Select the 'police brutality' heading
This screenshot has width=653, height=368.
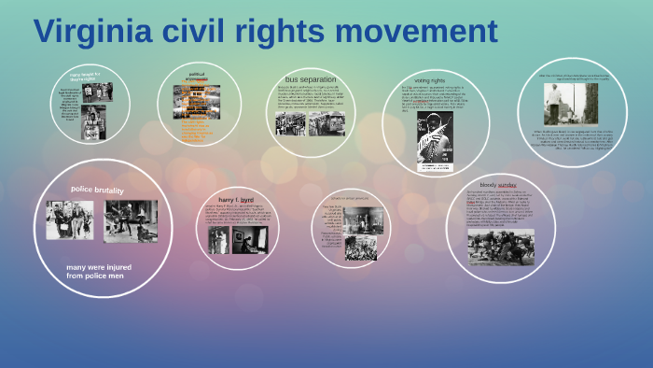pos(97,190)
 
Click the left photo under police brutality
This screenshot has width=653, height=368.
pos(70,220)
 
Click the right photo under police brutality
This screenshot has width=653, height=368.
pos(131,221)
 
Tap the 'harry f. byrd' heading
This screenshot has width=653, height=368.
pos(236,200)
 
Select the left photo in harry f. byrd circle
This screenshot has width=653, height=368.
pos(217,240)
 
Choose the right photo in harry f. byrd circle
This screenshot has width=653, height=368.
pos(250,240)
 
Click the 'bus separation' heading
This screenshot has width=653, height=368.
pos(311,79)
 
